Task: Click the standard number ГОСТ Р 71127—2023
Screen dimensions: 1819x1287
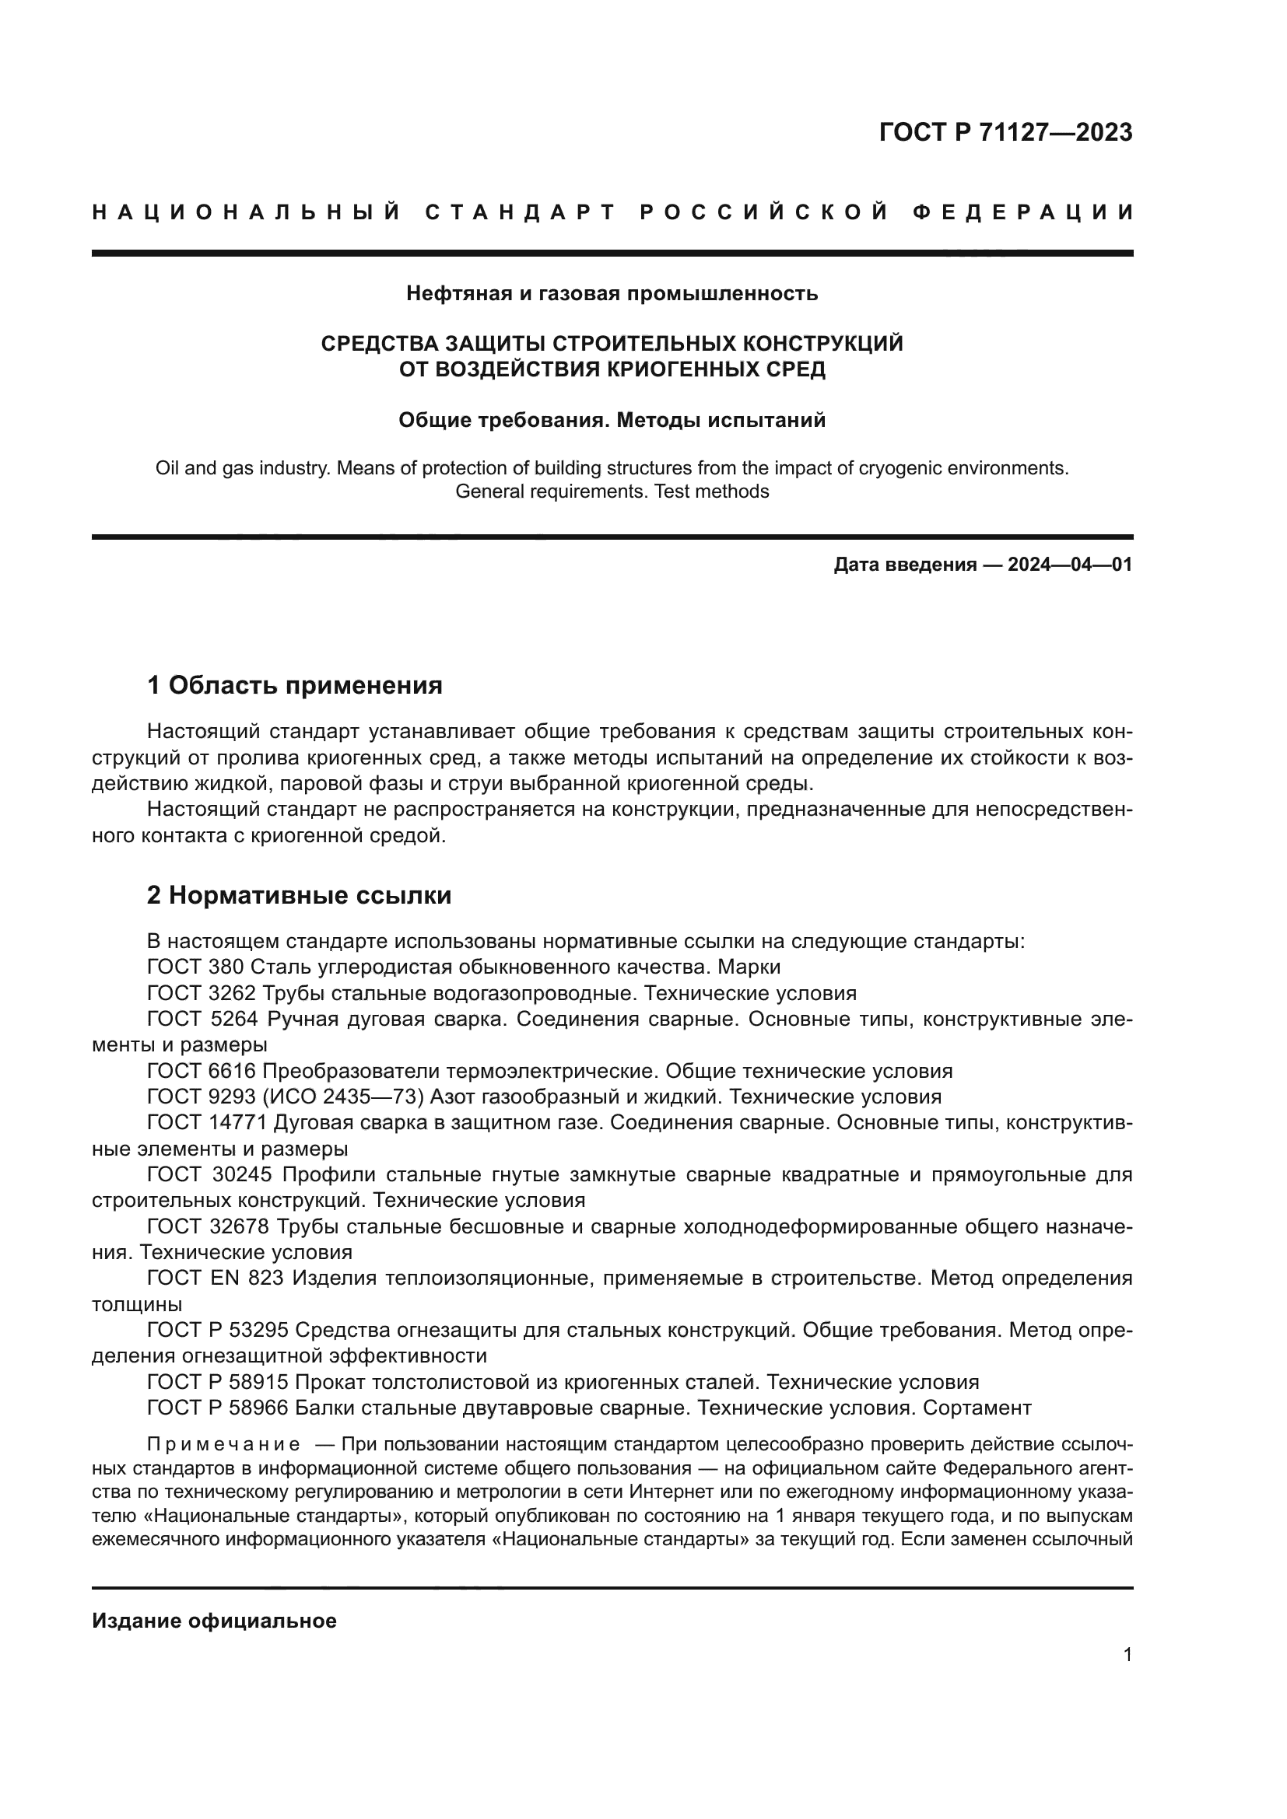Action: point(1005,132)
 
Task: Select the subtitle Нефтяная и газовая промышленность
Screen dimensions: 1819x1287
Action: point(612,294)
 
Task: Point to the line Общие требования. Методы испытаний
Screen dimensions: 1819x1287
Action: point(612,420)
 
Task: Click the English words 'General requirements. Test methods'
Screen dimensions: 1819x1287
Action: point(612,491)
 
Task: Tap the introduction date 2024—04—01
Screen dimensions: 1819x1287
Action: point(1070,565)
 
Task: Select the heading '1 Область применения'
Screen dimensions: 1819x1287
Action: point(295,685)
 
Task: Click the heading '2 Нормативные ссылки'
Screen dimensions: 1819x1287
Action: point(299,896)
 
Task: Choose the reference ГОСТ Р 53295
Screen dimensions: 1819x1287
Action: point(218,1330)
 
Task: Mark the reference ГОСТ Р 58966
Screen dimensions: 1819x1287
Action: point(218,1408)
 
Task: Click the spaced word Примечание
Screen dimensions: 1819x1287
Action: point(223,1444)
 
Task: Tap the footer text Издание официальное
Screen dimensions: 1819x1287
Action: point(214,1621)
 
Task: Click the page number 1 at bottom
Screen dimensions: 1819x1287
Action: point(1127,1655)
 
